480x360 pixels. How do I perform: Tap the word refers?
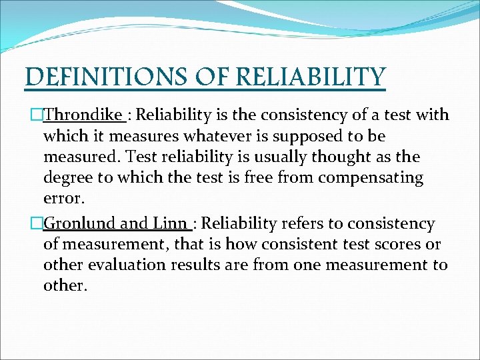point(288,224)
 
